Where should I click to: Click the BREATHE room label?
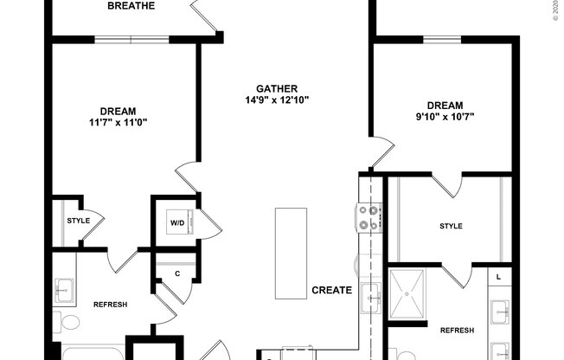(131, 6)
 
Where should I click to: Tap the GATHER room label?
(277, 88)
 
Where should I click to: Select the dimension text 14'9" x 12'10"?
(277, 100)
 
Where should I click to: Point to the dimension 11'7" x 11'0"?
(118, 122)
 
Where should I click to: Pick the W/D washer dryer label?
(176, 223)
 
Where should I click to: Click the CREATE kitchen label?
(332, 291)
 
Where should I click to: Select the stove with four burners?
(369, 217)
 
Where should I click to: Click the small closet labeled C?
(176, 273)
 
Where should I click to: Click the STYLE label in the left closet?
(78, 221)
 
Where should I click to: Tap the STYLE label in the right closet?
(451, 227)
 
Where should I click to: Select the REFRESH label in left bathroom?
(110, 305)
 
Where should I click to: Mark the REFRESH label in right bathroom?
(457, 331)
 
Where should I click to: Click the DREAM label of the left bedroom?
(118, 111)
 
